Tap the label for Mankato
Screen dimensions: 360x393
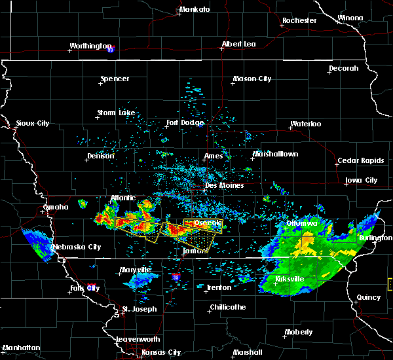[195, 9]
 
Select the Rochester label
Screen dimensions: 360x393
[299, 20]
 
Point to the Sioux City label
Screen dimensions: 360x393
[33, 123]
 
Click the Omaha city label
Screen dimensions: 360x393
[56, 207]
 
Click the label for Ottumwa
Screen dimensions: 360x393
[302, 223]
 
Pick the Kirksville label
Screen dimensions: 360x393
[289, 279]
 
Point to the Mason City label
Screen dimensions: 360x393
[252, 79]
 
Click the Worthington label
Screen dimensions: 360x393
[91, 46]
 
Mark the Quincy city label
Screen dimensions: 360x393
[369, 297]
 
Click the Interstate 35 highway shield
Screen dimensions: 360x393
[175, 278]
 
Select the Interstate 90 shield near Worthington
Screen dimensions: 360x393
[111, 48]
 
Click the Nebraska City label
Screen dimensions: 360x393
[77, 247]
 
